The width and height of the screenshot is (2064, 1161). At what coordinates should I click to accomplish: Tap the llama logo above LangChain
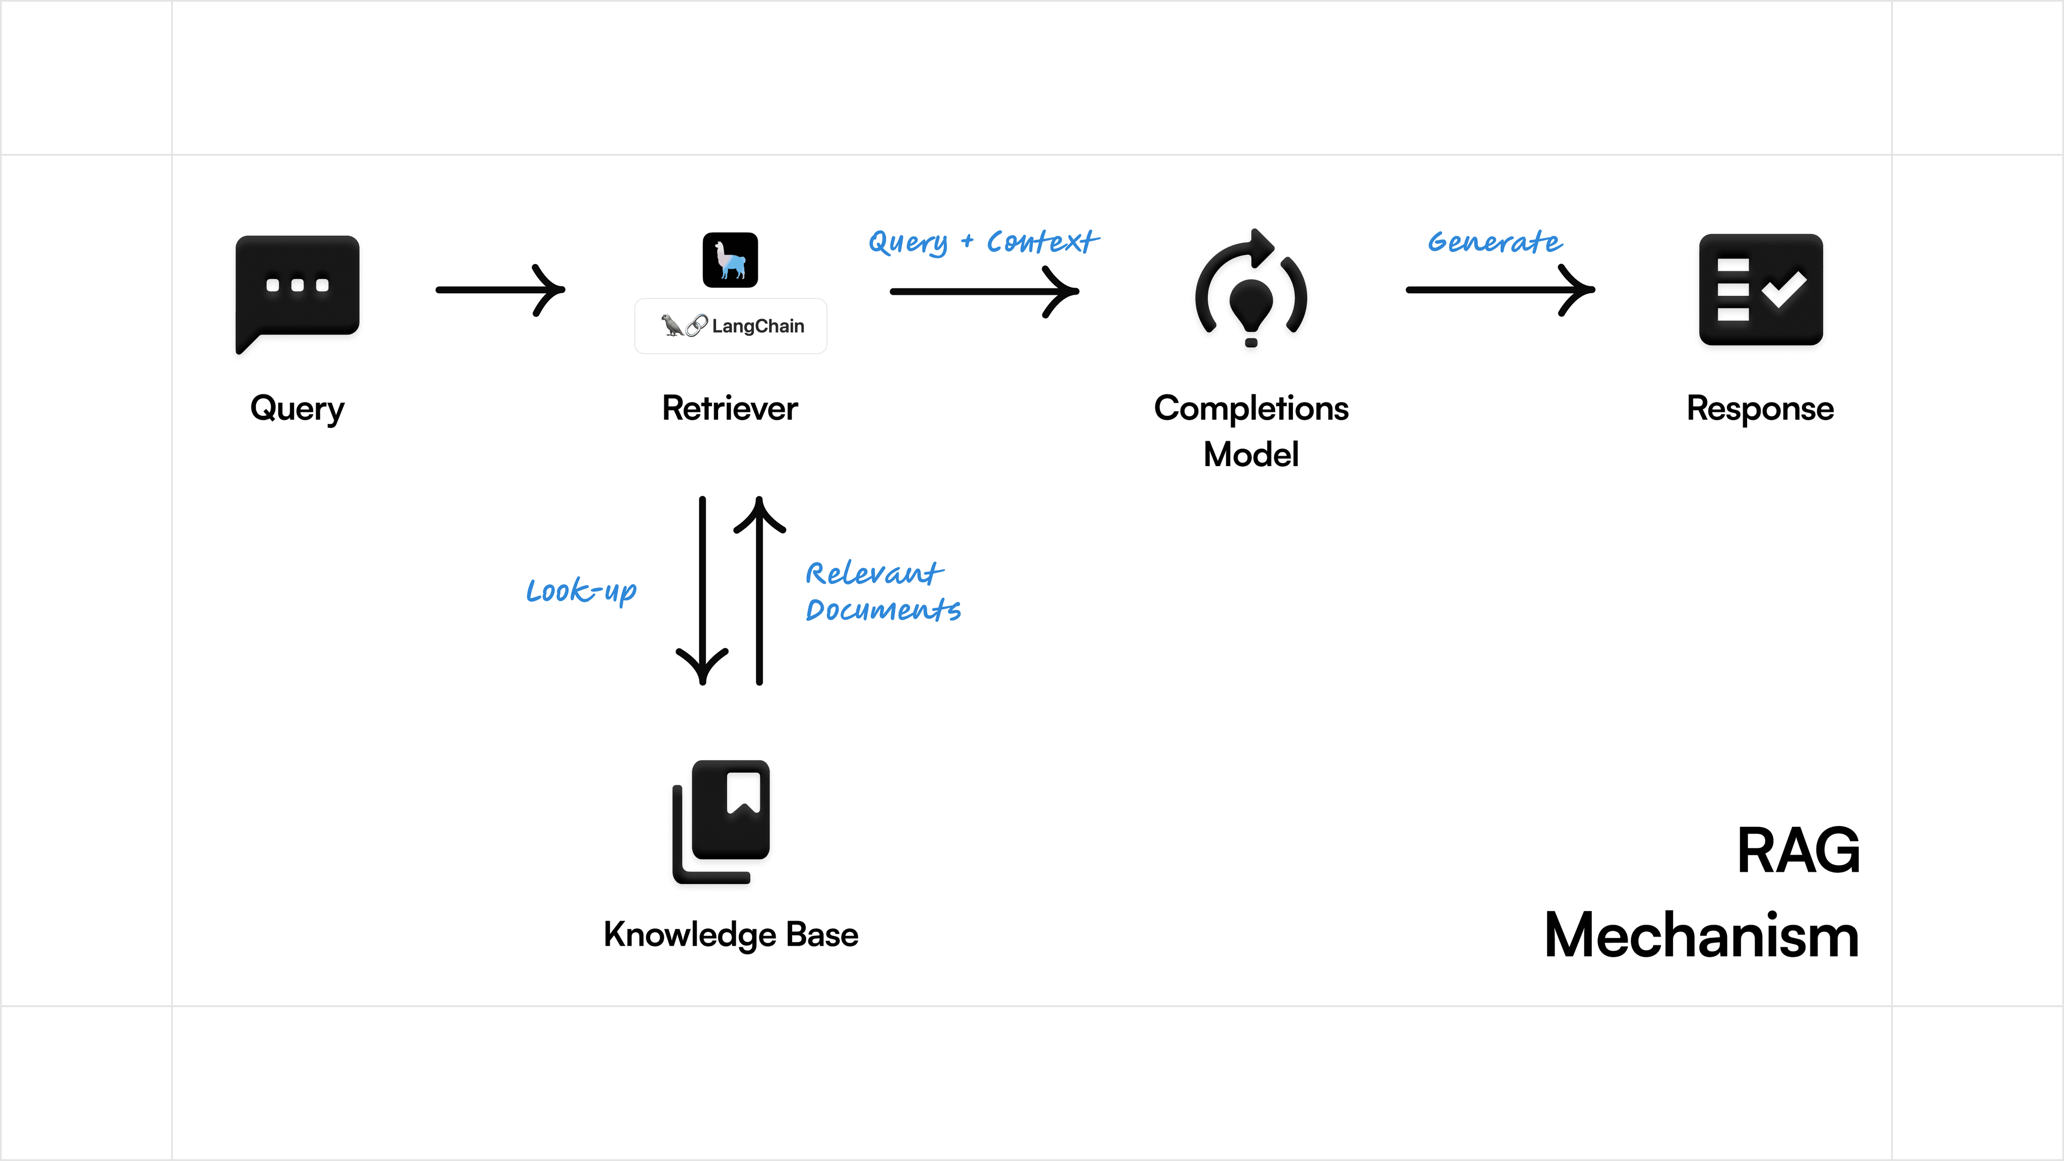(x=730, y=260)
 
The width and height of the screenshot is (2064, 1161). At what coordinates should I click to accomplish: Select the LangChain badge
(x=730, y=326)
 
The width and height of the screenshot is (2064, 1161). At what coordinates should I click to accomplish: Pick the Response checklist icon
(x=1760, y=290)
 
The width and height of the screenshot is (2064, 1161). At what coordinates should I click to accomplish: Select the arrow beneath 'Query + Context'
(x=984, y=292)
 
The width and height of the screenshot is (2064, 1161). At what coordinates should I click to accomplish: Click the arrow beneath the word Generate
(x=1500, y=290)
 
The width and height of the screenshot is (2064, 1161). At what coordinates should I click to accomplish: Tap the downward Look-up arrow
(x=702, y=591)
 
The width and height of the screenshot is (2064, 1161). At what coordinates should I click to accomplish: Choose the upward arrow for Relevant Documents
(x=759, y=591)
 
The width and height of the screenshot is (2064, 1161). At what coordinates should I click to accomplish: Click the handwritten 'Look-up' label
(x=581, y=591)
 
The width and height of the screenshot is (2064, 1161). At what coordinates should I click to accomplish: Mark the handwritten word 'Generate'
(x=1494, y=242)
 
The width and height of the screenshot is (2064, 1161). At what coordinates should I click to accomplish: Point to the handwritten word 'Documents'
(x=883, y=611)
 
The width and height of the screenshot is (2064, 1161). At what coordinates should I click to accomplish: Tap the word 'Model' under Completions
(x=1251, y=455)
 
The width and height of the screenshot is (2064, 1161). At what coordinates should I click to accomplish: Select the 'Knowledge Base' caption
(x=731, y=935)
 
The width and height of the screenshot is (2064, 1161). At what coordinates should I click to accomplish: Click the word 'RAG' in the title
(x=1798, y=851)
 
